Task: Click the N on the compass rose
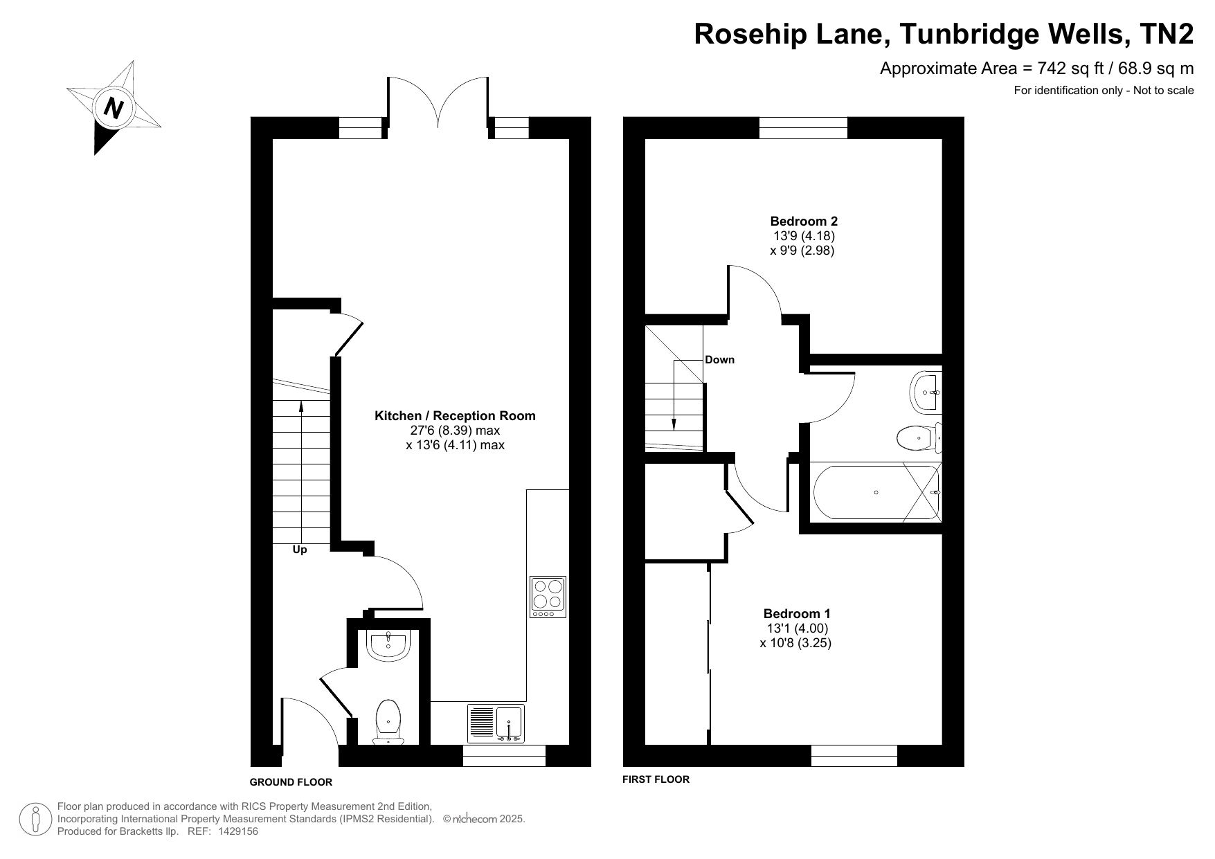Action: pos(113,108)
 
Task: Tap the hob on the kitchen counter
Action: pos(548,597)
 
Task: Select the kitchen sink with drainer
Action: pos(496,724)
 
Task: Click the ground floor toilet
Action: pos(388,723)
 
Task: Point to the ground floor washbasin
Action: pos(388,644)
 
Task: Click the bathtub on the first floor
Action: pos(876,492)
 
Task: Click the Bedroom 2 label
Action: pos(804,221)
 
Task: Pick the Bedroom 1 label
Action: pos(797,613)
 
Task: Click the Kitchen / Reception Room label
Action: pos(455,415)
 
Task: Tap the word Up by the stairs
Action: pos(300,550)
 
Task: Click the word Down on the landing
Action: pos(719,360)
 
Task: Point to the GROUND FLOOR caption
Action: pos(291,782)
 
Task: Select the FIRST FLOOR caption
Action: pos(656,779)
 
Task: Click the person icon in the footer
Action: pos(35,819)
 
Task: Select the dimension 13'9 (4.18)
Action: pos(804,236)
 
